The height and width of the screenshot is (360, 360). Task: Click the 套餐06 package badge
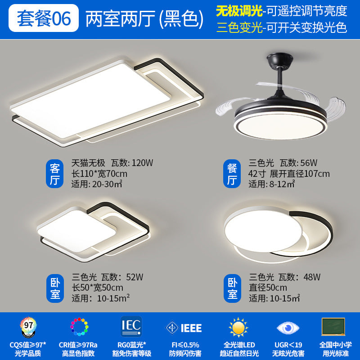coord(44,18)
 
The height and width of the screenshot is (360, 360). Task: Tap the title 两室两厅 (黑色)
coord(142,18)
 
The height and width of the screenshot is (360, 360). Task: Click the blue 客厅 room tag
coord(55,174)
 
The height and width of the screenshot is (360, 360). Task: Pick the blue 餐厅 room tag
coord(232,174)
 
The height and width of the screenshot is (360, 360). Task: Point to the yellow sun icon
coord(238,327)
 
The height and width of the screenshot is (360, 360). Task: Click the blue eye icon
coord(287,327)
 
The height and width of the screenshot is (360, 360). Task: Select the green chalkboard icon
coord(333,327)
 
